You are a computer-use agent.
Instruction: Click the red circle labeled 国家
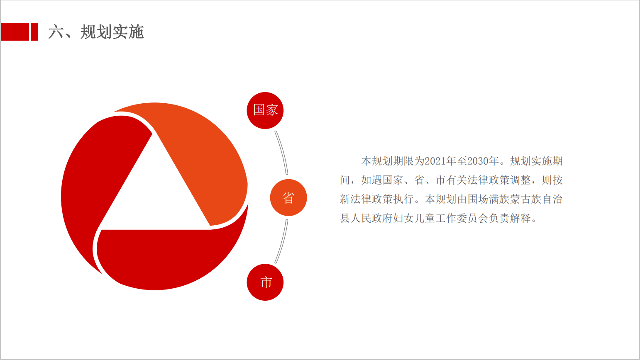click(x=265, y=110)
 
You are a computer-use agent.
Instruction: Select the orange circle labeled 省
click(x=288, y=197)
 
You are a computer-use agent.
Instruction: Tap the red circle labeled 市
click(x=265, y=282)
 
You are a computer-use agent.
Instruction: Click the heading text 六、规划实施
click(x=96, y=32)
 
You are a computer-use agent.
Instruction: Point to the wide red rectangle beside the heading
click(x=15, y=32)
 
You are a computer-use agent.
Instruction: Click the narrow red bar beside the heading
click(x=34, y=32)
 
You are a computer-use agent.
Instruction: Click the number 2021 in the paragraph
click(x=435, y=161)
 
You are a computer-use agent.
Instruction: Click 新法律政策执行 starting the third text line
click(x=377, y=199)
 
